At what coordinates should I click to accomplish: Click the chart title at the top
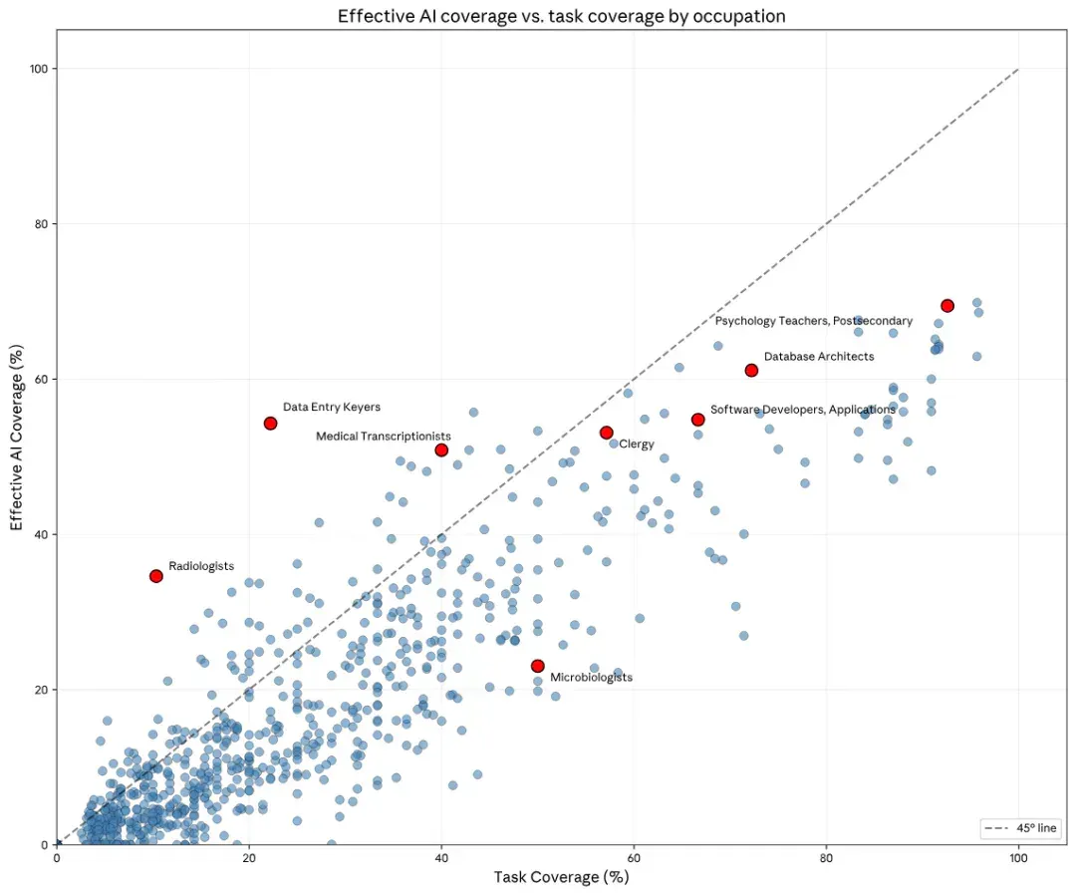click(561, 16)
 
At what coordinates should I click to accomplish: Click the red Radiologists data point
click(156, 576)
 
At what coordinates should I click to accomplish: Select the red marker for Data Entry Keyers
click(270, 424)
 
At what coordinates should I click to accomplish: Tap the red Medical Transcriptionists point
click(441, 450)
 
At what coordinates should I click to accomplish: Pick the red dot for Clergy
click(606, 433)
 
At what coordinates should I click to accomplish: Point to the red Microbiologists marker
click(537, 666)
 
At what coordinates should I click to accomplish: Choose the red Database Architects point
click(751, 371)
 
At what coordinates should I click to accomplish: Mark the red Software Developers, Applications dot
click(697, 420)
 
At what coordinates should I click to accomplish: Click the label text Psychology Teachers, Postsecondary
click(814, 321)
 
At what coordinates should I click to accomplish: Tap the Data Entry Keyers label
click(332, 407)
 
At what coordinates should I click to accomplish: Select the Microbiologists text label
click(592, 678)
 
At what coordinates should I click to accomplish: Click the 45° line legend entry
click(1020, 828)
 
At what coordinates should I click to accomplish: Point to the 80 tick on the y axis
click(43, 223)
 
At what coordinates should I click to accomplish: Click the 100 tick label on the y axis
click(39, 69)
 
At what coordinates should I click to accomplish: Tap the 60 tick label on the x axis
click(634, 858)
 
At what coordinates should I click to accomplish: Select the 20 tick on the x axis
click(249, 858)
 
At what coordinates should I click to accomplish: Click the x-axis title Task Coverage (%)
click(561, 877)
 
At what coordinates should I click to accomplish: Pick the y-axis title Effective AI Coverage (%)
click(17, 438)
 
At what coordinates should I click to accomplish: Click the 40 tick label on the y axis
click(43, 534)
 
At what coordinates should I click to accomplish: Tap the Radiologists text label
click(201, 566)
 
